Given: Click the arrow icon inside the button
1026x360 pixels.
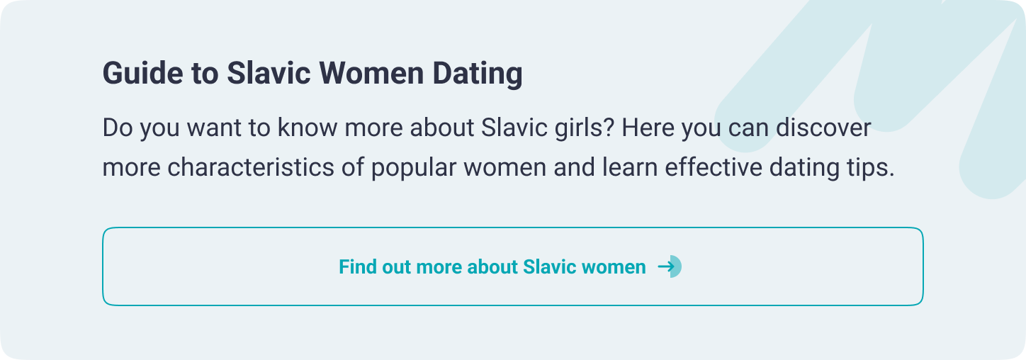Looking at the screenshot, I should pyautogui.click(x=668, y=266).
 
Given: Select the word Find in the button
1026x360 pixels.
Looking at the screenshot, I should pyautogui.click(x=357, y=267).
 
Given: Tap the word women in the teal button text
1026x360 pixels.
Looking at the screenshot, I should pyautogui.click(x=613, y=267).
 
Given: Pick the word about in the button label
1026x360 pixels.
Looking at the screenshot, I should pyautogui.click(x=493, y=267).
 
